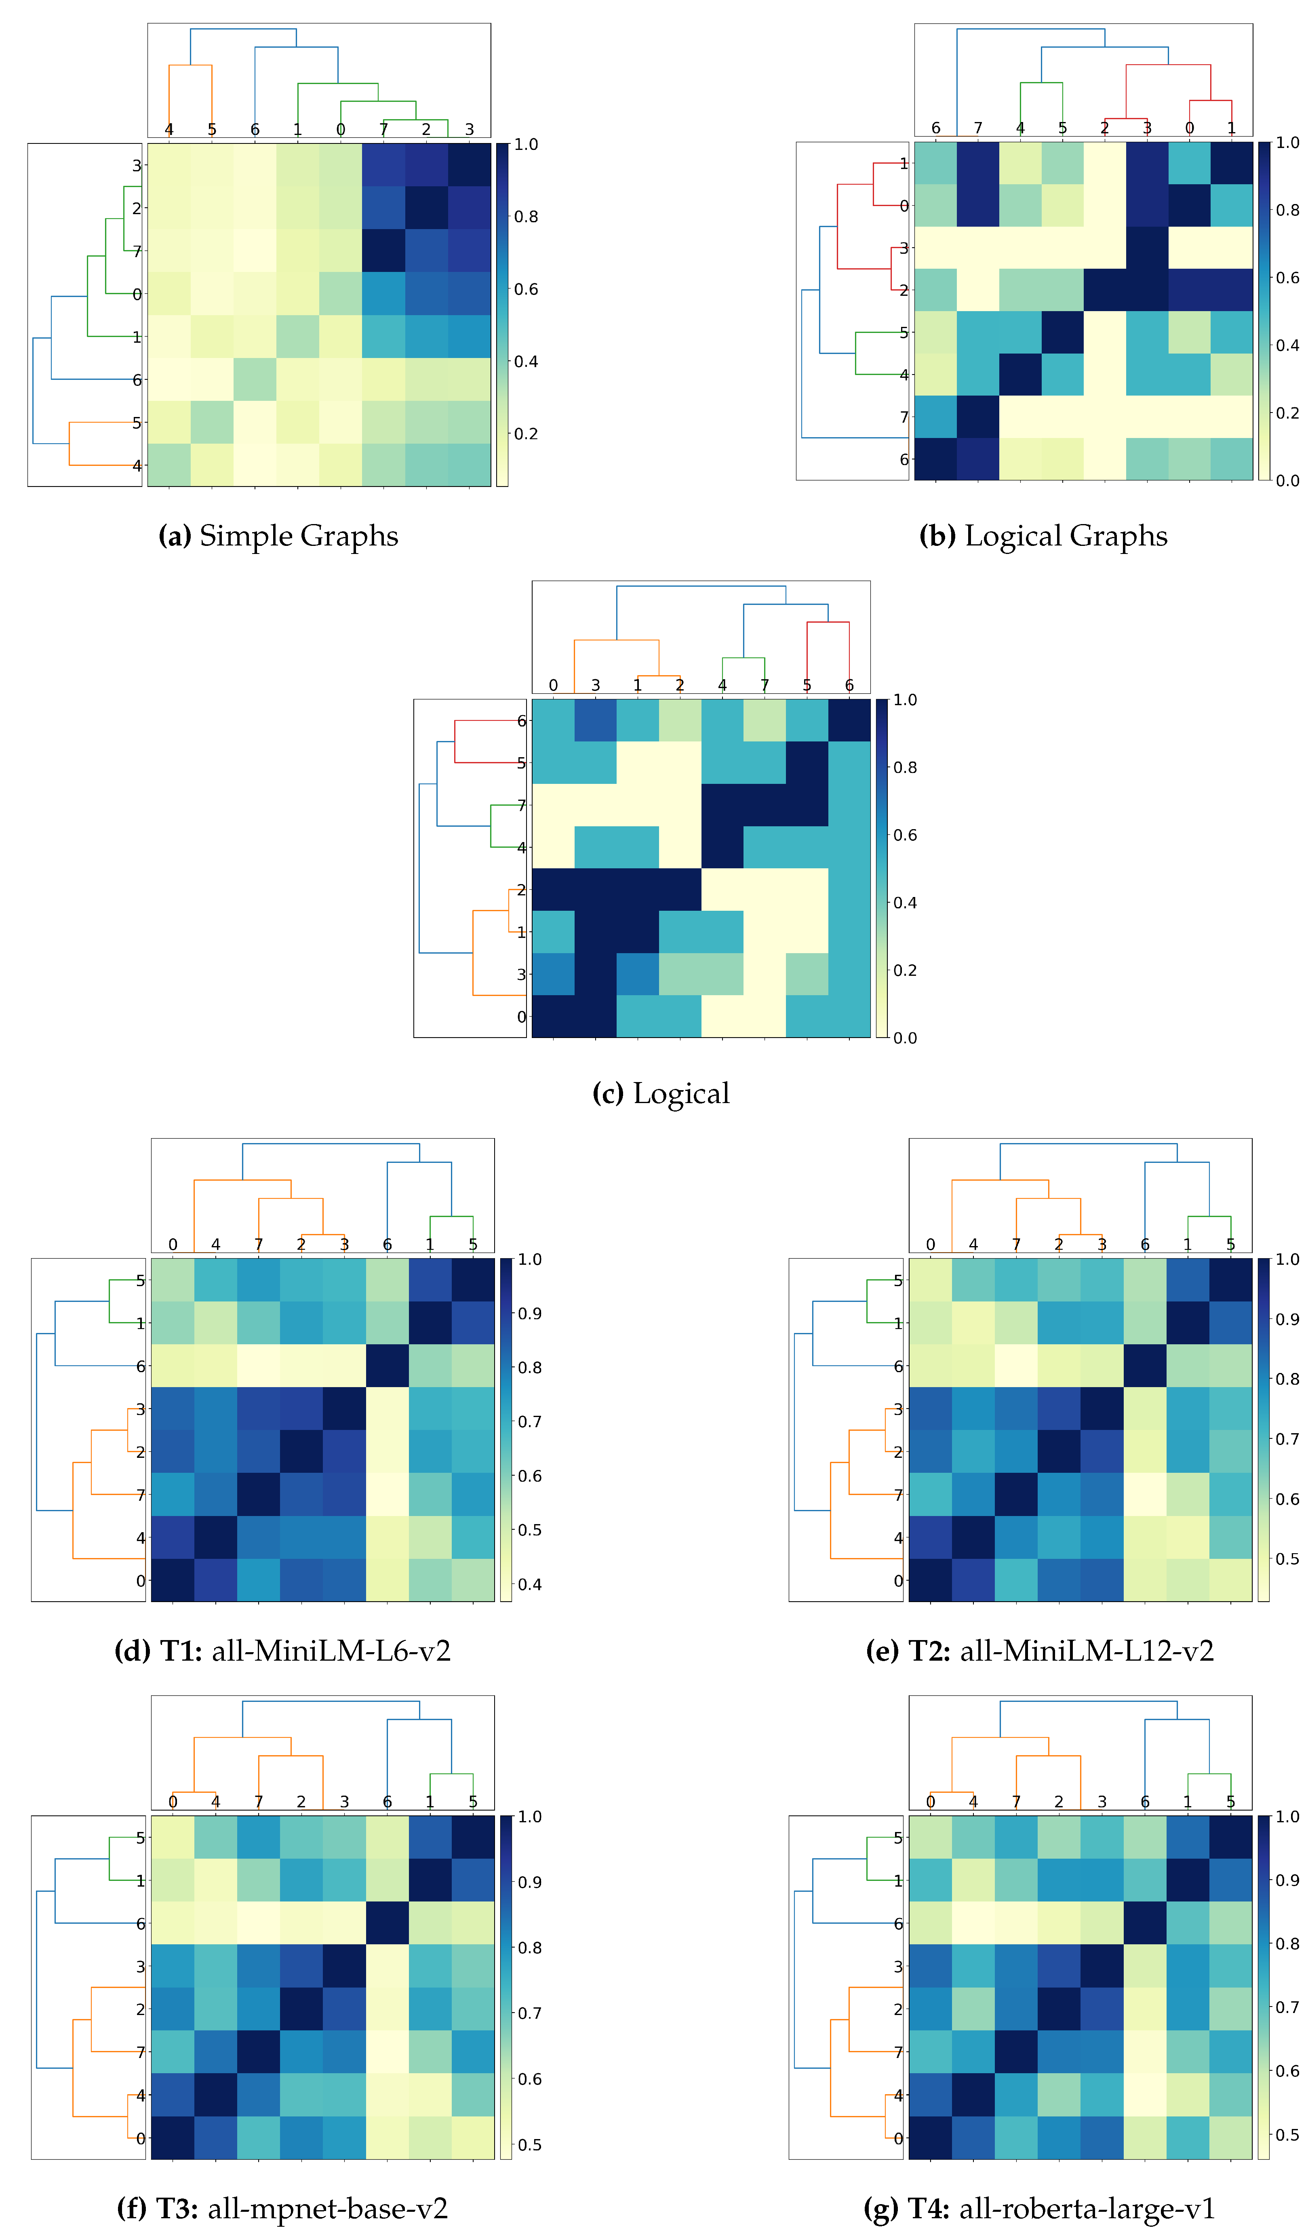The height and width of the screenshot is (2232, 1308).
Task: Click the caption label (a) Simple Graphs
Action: point(278,536)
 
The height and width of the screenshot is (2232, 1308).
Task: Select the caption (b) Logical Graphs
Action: point(1043,536)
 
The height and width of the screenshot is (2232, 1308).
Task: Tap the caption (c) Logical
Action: point(661,1093)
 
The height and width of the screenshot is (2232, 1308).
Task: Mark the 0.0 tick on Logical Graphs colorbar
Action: point(1288,480)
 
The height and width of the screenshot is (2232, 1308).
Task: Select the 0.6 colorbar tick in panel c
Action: point(905,835)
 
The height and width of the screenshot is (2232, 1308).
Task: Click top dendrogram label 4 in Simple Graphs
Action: point(169,129)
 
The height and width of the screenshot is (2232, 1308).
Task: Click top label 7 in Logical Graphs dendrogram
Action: point(978,128)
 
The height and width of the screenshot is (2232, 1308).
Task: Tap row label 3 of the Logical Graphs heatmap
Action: point(903,248)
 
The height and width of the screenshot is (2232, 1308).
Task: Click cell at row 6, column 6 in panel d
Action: point(387,1366)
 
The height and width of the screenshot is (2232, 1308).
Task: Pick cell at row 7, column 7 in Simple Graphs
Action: point(383,251)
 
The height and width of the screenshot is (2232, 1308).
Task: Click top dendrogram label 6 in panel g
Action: point(1145,1802)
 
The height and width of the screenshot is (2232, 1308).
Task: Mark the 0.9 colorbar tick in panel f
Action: point(530,1882)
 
